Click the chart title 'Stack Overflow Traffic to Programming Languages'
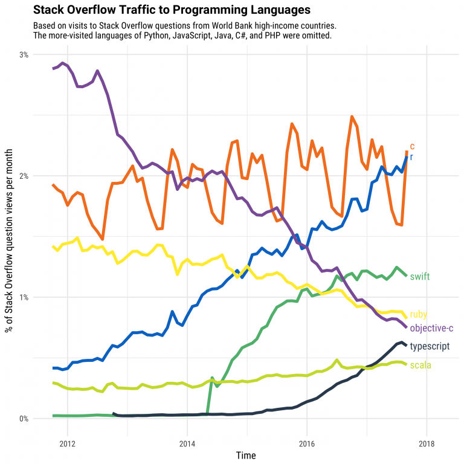[172, 10]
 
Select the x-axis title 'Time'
[246, 455]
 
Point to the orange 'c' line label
[412, 146]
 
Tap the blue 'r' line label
[411, 157]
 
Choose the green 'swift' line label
[420, 277]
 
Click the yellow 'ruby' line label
[419, 314]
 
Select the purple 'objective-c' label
[431, 328]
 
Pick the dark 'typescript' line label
[430, 346]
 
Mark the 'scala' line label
[420, 365]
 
